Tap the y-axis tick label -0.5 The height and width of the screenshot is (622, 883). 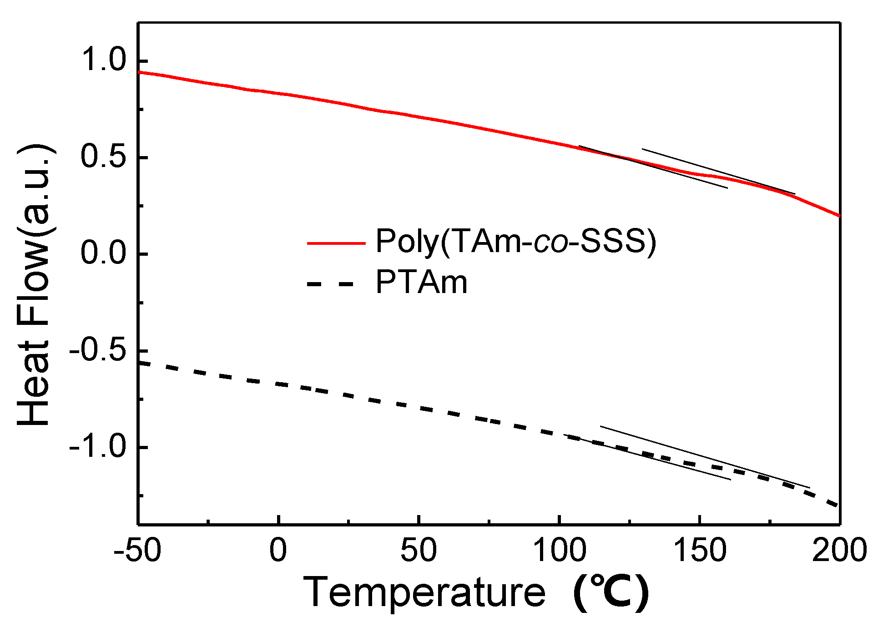click(x=97, y=350)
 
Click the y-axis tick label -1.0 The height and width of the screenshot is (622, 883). click(x=97, y=447)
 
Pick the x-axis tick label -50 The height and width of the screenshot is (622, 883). click(x=137, y=551)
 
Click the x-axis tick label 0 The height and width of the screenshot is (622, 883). click(x=278, y=551)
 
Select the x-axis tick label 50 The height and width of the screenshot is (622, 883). click(x=418, y=551)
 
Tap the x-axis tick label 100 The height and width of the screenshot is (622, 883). click(x=559, y=551)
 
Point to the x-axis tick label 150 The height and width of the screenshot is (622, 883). click(x=699, y=551)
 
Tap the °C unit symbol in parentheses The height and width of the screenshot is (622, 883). click(x=611, y=593)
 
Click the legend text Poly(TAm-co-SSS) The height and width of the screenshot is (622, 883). click(x=516, y=241)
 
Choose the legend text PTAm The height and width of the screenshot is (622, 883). click(x=421, y=283)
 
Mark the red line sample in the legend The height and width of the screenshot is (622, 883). click(x=337, y=243)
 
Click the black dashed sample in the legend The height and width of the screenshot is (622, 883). click(x=330, y=284)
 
